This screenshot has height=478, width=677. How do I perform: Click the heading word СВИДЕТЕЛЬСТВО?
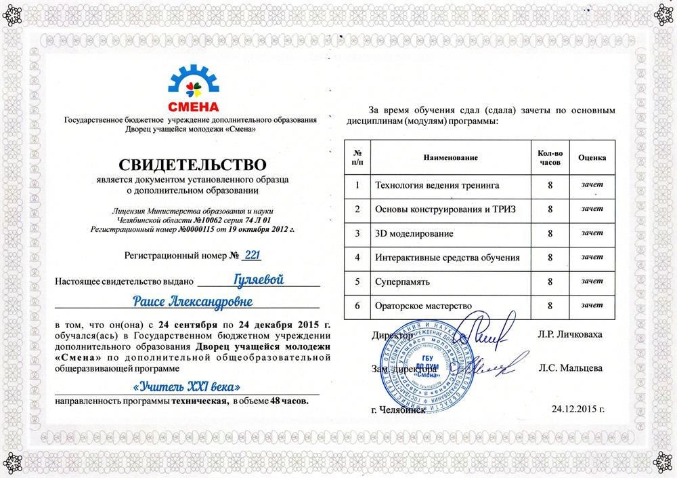point(193,164)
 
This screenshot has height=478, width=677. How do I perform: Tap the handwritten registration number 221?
point(252,256)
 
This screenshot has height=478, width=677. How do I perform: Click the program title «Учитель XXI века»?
point(188,387)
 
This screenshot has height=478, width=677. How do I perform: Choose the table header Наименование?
point(450,157)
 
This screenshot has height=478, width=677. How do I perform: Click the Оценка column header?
point(592,157)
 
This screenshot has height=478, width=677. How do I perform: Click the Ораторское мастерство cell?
point(423,306)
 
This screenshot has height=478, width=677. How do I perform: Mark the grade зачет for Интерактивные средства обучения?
point(592,257)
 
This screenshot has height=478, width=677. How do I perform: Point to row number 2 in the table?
point(357,209)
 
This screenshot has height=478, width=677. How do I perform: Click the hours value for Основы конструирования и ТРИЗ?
point(550,209)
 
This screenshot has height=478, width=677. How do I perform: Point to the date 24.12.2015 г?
point(577,410)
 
